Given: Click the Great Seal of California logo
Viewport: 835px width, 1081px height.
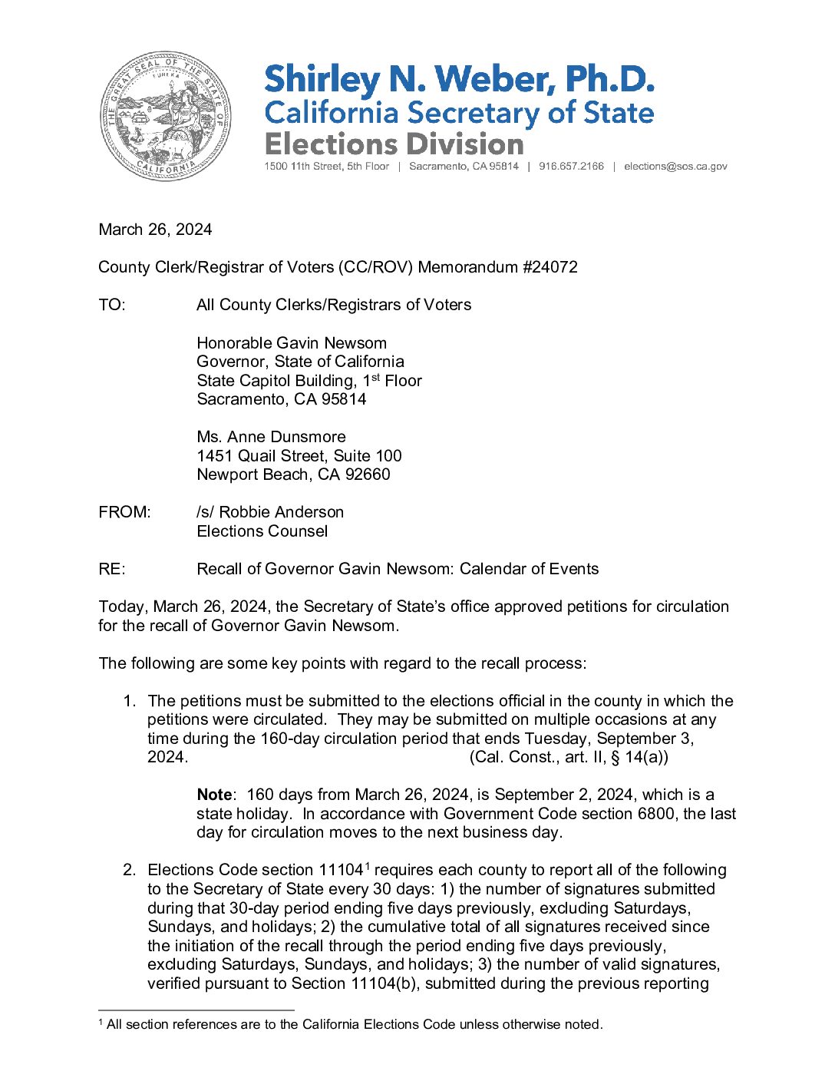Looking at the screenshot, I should pos(165,117).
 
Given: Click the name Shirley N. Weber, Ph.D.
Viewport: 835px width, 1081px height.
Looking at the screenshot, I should pos(459,80).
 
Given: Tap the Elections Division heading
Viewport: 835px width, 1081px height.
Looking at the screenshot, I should pos(394,144).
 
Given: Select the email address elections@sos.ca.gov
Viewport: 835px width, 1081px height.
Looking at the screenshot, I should pos(675,167).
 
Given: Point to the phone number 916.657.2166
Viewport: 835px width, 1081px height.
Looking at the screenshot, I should pos(571,167).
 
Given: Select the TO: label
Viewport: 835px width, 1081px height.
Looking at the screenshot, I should pos(112,305).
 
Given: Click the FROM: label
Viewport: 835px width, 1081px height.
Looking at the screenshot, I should pos(124,512).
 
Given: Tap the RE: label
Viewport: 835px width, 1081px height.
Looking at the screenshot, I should pos(112,569).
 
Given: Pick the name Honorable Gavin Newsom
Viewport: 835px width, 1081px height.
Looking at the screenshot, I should pos(292,343).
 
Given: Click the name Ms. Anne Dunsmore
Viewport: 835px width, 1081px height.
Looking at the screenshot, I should pos(271,437).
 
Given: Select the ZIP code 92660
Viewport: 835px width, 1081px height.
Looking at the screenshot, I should pos(368,474).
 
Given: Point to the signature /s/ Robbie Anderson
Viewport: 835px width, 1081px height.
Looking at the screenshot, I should pos(270,512).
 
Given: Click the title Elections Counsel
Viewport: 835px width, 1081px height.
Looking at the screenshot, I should pos(262,531).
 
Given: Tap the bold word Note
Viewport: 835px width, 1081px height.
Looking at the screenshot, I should pos(214,795).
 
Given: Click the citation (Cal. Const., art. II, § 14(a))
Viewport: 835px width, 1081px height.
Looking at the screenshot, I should pos(569,757).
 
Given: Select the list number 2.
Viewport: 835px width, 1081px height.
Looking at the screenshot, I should pos(130,870).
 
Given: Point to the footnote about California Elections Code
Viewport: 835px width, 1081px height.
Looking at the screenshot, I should pos(351,1024).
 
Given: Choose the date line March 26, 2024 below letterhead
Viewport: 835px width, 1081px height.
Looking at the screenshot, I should pos(155,230).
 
